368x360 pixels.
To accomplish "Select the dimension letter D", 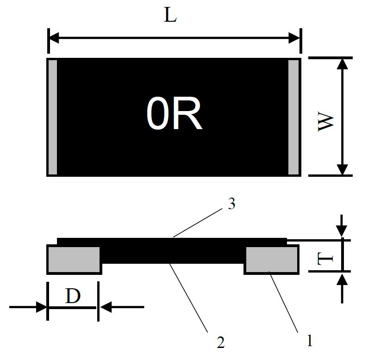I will [x=73, y=296].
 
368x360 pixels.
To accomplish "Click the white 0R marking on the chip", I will [x=174, y=115].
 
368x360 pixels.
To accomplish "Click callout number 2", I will [x=220, y=342].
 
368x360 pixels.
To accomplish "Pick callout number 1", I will [x=310, y=341].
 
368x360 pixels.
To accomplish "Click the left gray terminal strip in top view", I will [x=53, y=117].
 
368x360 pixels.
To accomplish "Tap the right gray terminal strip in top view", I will [x=293, y=117].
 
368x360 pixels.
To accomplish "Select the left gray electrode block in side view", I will [x=74, y=259].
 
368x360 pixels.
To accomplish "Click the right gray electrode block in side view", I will [x=271, y=259].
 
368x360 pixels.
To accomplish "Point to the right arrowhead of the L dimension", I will [x=295, y=38].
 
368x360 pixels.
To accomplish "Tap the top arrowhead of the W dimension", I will [x=342, y=64].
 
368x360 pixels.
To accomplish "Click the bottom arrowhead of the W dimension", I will [x=342, y=169].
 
